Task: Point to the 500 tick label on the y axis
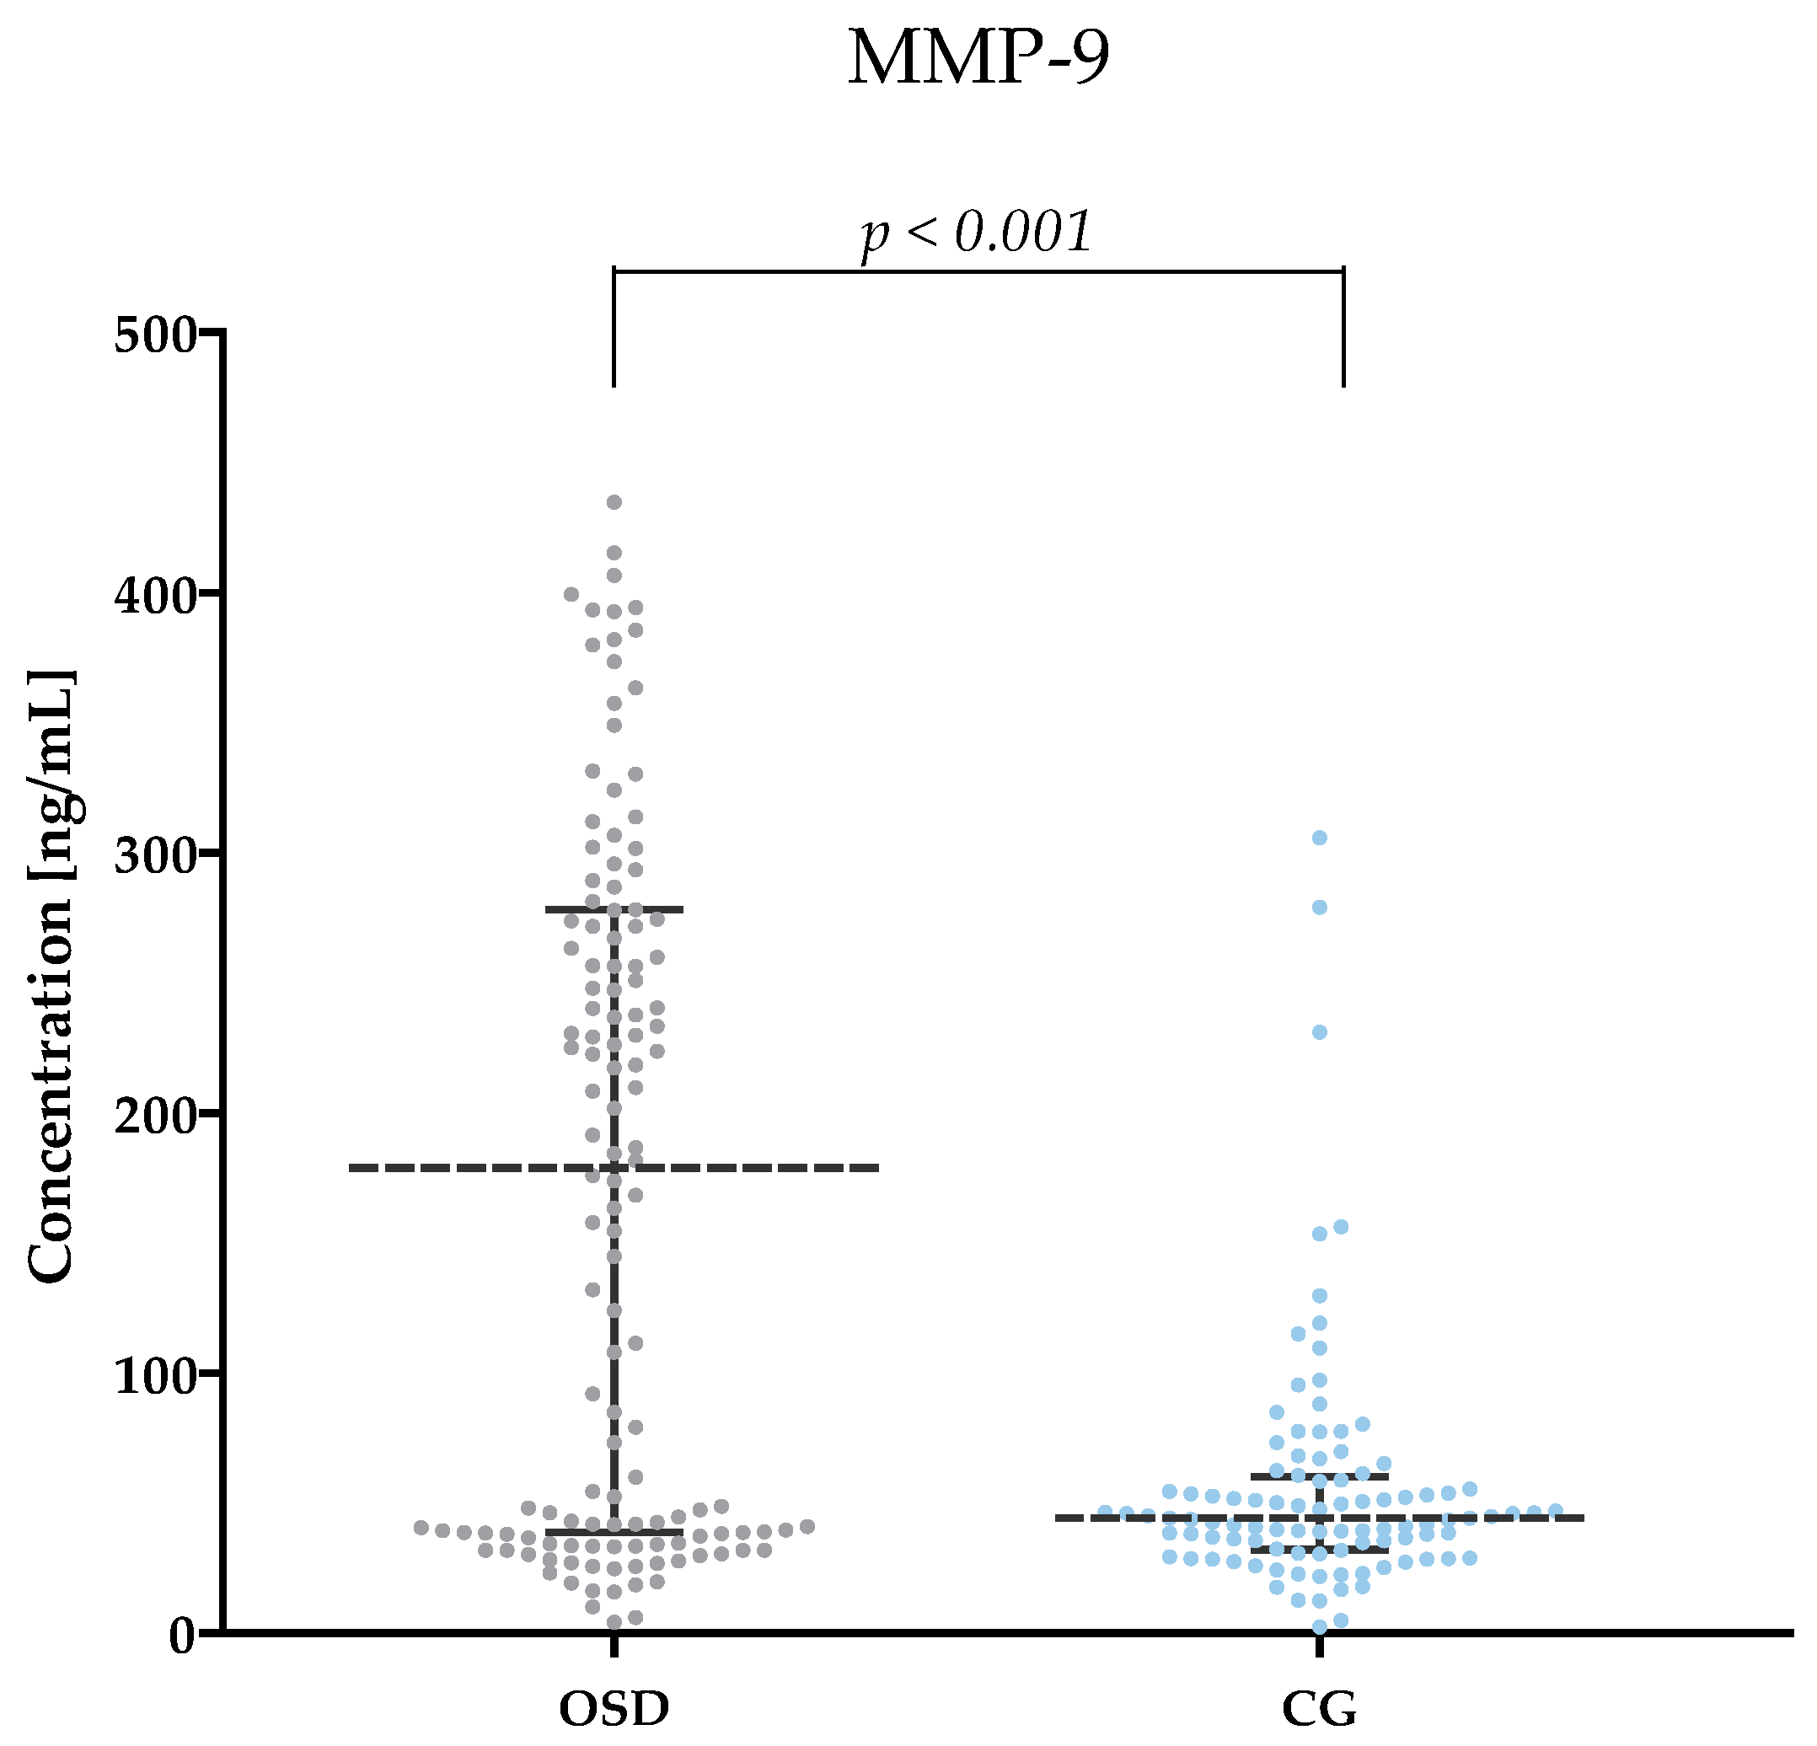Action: click(157, 335)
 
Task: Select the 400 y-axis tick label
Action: click(157, 595)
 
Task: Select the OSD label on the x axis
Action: click(614, 1708)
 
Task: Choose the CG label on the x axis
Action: click(1319, 1708)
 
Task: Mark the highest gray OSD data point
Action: click(614, 502)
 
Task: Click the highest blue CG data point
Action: click(1319, 838)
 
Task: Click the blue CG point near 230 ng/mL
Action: click(1319, 1032)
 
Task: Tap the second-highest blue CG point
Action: click(1319, 908)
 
